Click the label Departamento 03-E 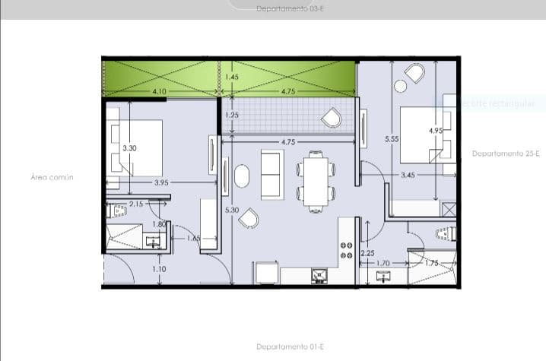click(x=280, y=9)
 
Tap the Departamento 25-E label click(x=506, y=154)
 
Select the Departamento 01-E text click(x=290, y=347)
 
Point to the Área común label click(x=52, y=176)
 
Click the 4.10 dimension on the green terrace click(x=160, y=91)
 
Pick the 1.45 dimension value click(x=233, y=78)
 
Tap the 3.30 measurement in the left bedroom click(x=130, y=148)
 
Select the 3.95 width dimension click(x=161, y=182)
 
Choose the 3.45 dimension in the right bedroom click(x=408, y=176)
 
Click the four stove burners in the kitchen click(x=347, y=251)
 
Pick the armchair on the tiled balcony click(x=332, y=118)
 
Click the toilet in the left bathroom click(x=116, y=211)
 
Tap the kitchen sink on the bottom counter click(x=319, y=275)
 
